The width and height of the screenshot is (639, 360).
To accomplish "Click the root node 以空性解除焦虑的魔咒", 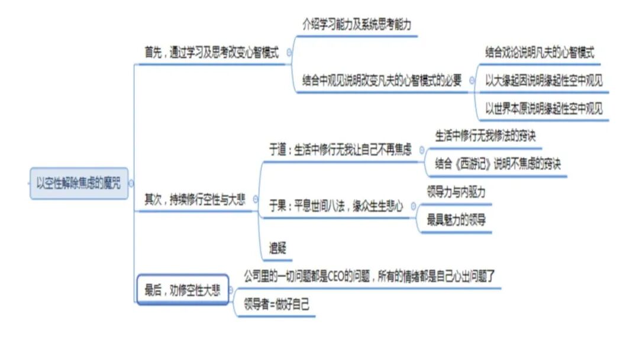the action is [x=79, y=184].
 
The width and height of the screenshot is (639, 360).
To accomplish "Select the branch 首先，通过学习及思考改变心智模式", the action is [x=212, y=52].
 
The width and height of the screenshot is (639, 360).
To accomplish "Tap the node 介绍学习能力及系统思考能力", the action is [x=357, y=25].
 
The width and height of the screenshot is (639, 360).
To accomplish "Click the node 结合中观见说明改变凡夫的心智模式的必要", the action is [x=382, y=81].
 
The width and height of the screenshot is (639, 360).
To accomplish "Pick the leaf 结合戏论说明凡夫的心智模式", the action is [x=540, y=52].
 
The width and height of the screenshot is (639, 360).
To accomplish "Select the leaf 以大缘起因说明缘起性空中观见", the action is [x=544, y=81].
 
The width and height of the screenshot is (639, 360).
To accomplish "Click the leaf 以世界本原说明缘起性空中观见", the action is [x=544, y=109].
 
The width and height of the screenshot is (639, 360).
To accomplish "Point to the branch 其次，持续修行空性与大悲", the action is [x=195, y=200].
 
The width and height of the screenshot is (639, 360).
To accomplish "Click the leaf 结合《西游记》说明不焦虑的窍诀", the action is [x=498, y=163].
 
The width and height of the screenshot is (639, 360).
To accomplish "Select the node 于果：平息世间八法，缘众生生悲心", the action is [x=336, y=206].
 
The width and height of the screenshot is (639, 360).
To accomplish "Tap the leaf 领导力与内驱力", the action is [x=456, y=192].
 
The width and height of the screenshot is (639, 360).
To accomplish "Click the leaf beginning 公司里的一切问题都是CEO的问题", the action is [x=369, y=276].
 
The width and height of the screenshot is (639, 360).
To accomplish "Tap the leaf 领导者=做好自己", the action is [x=277, y=305].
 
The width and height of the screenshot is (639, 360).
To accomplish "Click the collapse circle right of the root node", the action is [x=131, y=184].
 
